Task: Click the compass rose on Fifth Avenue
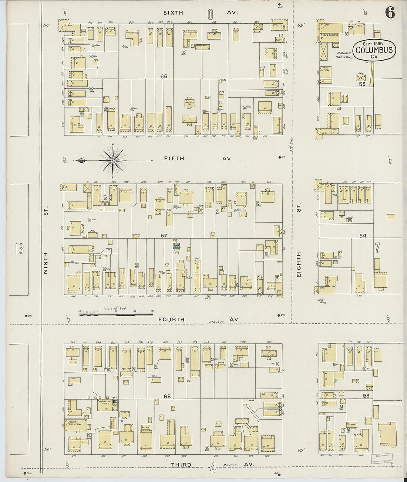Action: pyautogui.click(x=113, y=160)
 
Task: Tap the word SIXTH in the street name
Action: pyautogui.click(x=173, y=13)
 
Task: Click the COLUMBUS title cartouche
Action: pyautogui.click(x=374, y=50)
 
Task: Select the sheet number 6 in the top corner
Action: pyautogui.click(x=390, y=13)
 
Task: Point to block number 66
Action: pyautogui.click(x=164, y=76)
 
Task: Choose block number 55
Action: pyautogui.click(x=362, y=84)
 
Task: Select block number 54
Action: pyautogui.click(x=363, y=235)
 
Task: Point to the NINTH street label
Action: pyautogui.click(x=46, y=263)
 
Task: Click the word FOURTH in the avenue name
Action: pyautogui.click(x=172, y=319)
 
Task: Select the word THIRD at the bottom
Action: pyautogui.click(x=181, y=465)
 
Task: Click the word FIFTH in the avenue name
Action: pyautogui.click(x=174, y=158)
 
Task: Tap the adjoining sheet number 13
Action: pyautogui.click(x=19, y=249)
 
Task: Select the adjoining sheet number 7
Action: pyautogui.click(x=377, y=248)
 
